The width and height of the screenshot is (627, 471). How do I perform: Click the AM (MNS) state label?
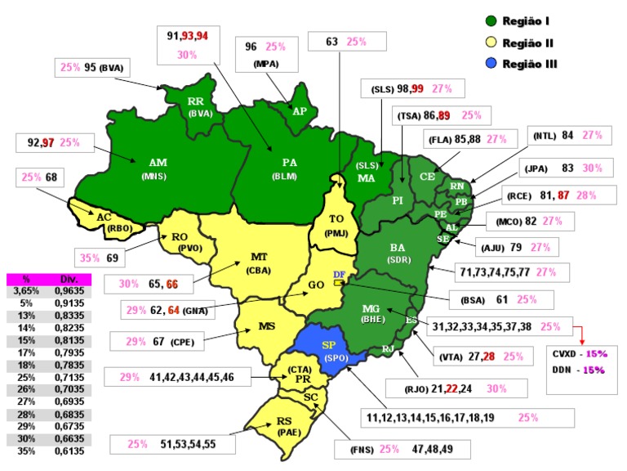pos(158,169)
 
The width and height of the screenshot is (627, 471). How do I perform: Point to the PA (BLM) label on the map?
pos(288,168)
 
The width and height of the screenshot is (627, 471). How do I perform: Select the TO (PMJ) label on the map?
pos(336,224)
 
